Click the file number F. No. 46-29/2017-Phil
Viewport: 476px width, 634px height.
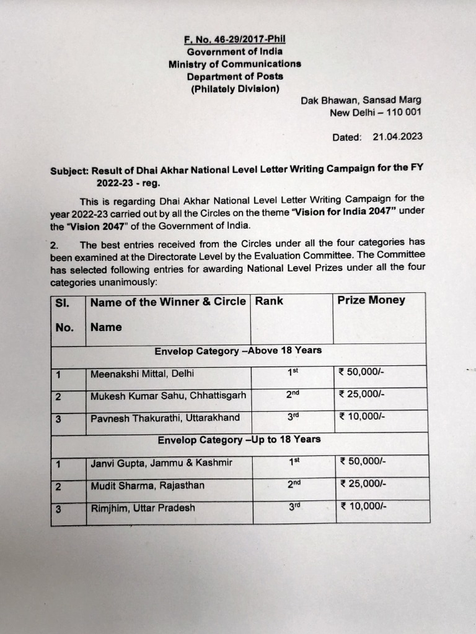click(x=234, y=40)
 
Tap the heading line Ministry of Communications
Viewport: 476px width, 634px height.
click(x=234, y=64)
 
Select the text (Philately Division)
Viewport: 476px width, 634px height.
click(x=234, y=89)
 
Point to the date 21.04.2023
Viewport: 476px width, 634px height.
click(x=397, y=137)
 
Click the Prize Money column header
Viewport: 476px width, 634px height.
click(x=371, y=300)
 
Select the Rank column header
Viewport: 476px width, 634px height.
click(x=269, y=301)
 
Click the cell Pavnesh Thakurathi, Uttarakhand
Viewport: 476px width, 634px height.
click(x=165, y=417)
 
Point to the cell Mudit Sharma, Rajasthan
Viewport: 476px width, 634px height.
click(x=139, y=485)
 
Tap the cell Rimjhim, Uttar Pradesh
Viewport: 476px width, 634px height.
click(x=143, y=508)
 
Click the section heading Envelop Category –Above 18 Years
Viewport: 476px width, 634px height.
click(x=238, y=350)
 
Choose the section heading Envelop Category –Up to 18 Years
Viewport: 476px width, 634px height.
click(x=239, y=439)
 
